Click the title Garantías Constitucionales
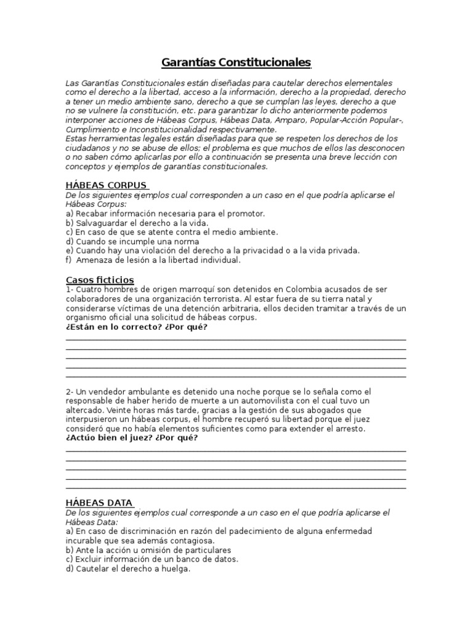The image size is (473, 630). tap(236, 63)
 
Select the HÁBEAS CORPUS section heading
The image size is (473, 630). tap(106, 185)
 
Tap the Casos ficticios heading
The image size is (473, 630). tap(100, 280)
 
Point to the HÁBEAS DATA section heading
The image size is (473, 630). tap(99, 503)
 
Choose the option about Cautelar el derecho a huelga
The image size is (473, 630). tap(128, 569)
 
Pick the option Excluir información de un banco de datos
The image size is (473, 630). tap(152, 559)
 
